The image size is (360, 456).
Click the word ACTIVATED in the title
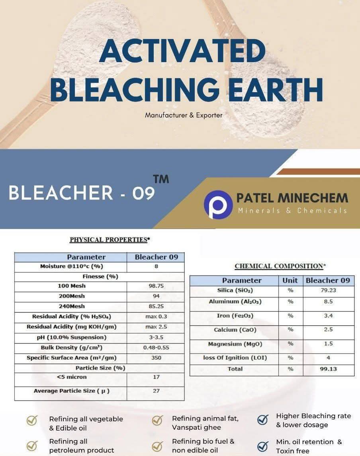(182, 51)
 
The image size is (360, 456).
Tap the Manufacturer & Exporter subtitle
(184, 115)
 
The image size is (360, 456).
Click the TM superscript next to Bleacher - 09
(161, 179)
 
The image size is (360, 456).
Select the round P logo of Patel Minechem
(218, 204)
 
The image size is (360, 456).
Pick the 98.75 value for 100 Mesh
(156, 286)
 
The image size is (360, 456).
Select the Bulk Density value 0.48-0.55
(156, 348)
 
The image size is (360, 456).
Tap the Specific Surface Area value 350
(156, 358)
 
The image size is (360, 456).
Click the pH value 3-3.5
(156, 337)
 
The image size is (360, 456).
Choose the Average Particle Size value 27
(156, 391)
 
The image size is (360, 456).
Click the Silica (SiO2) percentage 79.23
(328, 290)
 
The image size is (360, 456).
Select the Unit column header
(290, 280)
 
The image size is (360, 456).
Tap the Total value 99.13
(328, 369)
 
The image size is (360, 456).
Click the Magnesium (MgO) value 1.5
(328, 344)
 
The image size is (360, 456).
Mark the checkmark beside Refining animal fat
(158, 420)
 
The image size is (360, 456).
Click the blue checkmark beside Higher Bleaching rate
(263, 420)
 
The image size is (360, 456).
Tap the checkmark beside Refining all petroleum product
(32, 446)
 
